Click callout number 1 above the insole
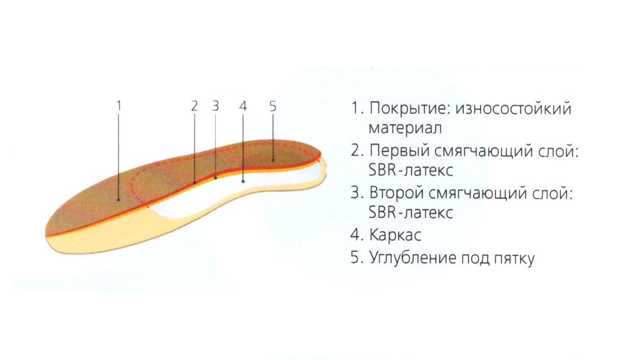tap(119, 106)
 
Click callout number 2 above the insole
tap(194, 106)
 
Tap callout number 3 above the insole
tap(216, 106)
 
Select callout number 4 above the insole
tap(243, 106)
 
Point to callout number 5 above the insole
tap(273, 106)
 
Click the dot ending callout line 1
tap(118, 199)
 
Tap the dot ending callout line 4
tap(243, 181)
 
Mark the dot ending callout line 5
tap(273, 160)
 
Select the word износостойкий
tap(513, 109)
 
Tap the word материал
tap(405, 128)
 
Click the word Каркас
tap(395, 235)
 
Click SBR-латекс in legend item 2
tap(410, 171)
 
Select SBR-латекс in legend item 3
tap(410, 212)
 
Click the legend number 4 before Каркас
tap(355, 235)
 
